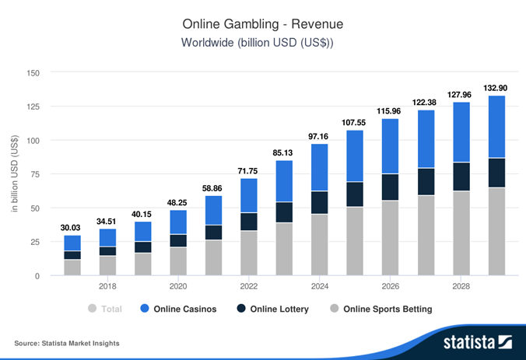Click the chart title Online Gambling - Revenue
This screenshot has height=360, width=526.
point(262,23)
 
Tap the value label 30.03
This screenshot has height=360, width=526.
point(72,227)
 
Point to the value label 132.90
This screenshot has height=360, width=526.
point(496,87)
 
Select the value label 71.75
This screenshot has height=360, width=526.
point(248,170)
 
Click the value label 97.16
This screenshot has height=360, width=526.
point(319,136)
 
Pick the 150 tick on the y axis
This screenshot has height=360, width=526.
point(33,72)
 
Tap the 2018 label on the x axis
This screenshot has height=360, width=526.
point(107,286)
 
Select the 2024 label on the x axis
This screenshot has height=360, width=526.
point(319,286)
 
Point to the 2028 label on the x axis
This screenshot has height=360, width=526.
point(461,286)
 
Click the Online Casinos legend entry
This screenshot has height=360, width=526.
point(184,309)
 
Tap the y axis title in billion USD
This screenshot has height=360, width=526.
point(15,174)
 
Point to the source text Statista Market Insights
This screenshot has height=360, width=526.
point(67,343)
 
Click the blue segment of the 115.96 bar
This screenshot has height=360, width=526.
point(390,146)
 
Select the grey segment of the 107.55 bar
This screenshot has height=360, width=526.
point(355,241)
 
